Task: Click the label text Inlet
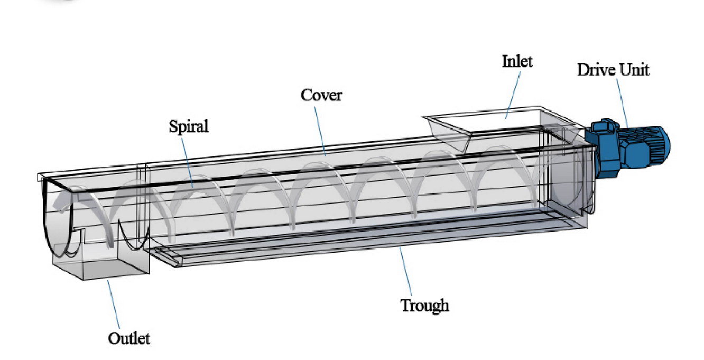[x=517, y=61]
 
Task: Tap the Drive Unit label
[x=613, y=69]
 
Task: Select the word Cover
[x=321, y=95]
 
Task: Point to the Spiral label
[x=189, y=126]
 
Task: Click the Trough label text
[x=424, y=306]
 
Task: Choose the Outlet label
[x=129, y=339]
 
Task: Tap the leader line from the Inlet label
[x=513, y=95]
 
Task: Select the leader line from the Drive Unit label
[x=622, y=103]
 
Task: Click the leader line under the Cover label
[x=320, y=132]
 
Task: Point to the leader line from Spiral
[x=188, y=163]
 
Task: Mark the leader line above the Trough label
[x=405, y=271]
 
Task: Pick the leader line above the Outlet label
[x=114, y=304]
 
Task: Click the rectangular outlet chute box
[x=100, y=252]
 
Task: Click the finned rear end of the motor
[x=657, y=145]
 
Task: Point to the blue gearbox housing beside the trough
[x=602, y=148]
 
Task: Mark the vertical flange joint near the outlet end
[x=142, y=205]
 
